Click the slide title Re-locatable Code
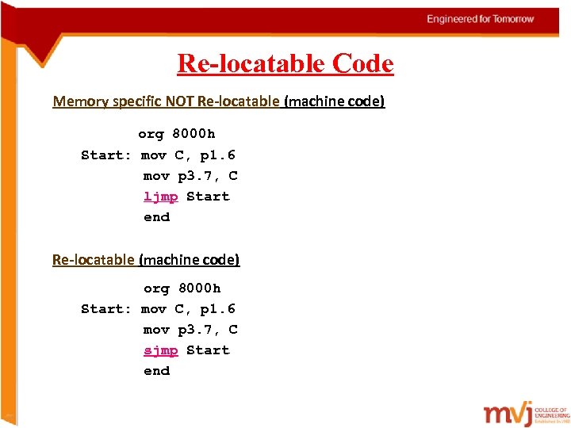point(285,63)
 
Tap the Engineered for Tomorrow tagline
point(481,19)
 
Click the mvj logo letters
point(508,414)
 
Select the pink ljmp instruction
point(160,197)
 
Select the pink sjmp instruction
point(160,350)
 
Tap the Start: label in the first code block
point(106,155)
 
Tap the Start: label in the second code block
point(106,309)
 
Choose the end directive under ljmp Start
point(156,217)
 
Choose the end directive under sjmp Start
point(156,371)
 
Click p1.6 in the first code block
point(217,155)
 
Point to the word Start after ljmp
point(208,197)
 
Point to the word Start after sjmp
point(208,350)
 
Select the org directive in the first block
point(151,134)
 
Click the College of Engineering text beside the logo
point(552,413)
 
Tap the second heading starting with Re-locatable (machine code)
point(146,259)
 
